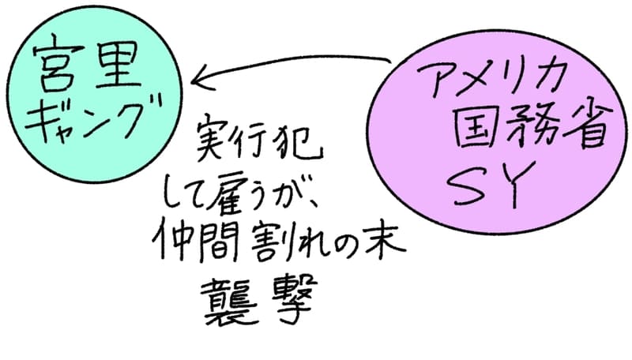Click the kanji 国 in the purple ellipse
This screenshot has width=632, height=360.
[x=478, y=128]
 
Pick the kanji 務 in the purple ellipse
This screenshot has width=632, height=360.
[x=529, y=126]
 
